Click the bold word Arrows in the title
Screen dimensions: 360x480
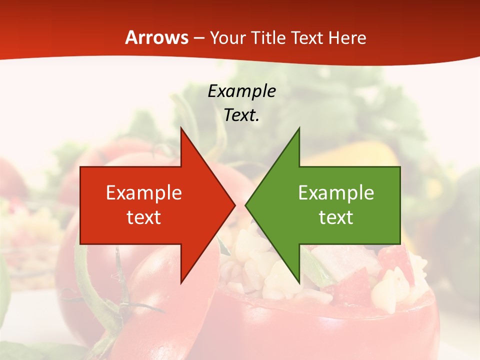[157, 37]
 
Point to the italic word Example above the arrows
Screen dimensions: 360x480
[242, 91]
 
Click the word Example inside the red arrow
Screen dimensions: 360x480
[144, 192]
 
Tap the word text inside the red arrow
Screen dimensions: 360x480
[144, 217]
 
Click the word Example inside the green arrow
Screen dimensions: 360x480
[336, 192]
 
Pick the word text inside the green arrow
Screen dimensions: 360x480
[336, 217]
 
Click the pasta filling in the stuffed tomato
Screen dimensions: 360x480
[260, 270]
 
